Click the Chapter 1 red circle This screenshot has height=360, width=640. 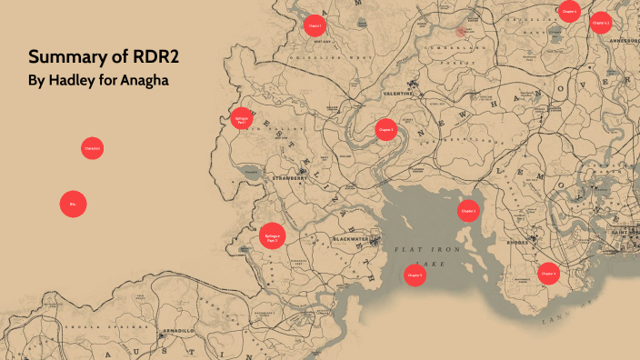coord(315,25)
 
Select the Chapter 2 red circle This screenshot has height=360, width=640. coord(386,130)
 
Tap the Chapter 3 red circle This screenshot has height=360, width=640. coord(468,210)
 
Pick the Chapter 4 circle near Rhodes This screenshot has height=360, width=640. coord(548,273)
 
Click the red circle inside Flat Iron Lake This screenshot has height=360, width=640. coord(415,275)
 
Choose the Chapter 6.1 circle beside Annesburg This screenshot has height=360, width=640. coord(600,23)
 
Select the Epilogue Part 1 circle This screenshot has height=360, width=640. coord(241,118)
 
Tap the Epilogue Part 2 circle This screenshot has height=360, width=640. coord(272,236)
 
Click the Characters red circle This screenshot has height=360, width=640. coord(92,148)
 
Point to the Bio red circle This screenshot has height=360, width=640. coord(73,205)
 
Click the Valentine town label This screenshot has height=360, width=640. coord(397,93)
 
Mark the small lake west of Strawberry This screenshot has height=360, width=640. coord(249,171)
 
